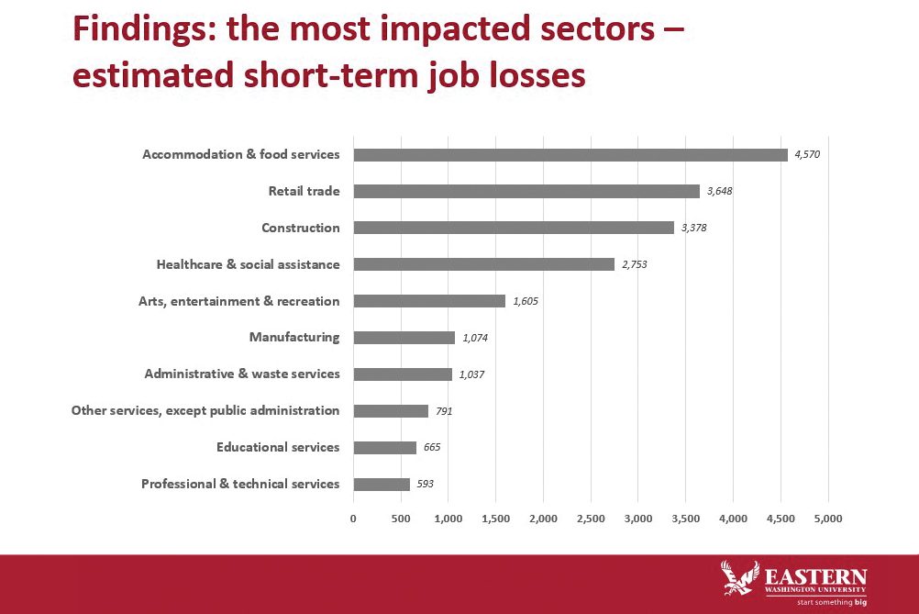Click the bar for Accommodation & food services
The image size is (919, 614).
point(570,154)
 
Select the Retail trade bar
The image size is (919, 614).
point(526,191)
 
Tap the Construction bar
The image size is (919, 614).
point(514,228)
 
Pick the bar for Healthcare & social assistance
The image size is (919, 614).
point(483,264)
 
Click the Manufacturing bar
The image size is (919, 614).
point(404,338)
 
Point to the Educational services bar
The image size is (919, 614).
point(384,447)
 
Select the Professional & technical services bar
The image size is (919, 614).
point(381,484)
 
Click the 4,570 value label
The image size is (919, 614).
point(807,154)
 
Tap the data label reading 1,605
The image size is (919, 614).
point(526,301)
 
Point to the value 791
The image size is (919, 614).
point(444,411)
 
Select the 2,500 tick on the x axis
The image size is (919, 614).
point(591,519)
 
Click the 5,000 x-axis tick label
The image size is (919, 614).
point(828,519)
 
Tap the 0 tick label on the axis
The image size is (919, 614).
point(353,519)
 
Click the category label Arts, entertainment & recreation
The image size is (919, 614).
point(238,301)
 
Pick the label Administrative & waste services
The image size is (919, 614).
point(242,374)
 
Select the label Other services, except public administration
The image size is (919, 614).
point(205,411)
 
